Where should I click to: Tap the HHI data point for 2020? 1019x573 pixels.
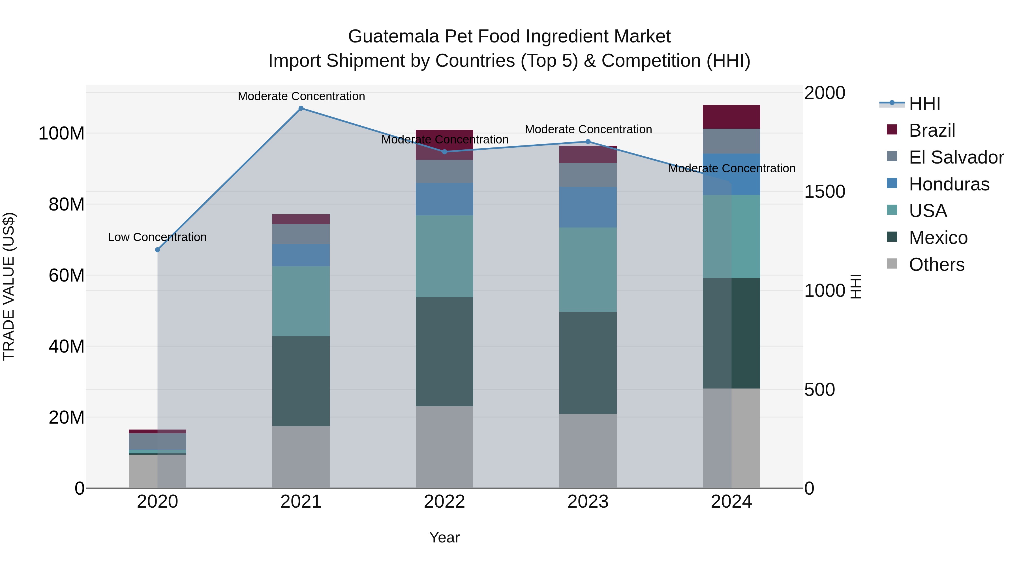157,250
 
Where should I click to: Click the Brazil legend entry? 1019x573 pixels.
932,130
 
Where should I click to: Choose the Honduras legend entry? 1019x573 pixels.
949,184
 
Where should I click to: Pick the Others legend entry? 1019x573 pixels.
936,265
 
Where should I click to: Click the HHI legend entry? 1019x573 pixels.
924,104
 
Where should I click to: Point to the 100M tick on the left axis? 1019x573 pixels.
61,134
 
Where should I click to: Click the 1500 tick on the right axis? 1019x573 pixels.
825,192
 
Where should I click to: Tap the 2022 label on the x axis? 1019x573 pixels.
444,502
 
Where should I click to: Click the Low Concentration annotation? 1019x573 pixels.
157,237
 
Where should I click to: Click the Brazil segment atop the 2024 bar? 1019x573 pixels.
731,117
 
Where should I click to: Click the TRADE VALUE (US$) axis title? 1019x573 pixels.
9,286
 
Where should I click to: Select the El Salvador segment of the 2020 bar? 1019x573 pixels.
157,441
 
